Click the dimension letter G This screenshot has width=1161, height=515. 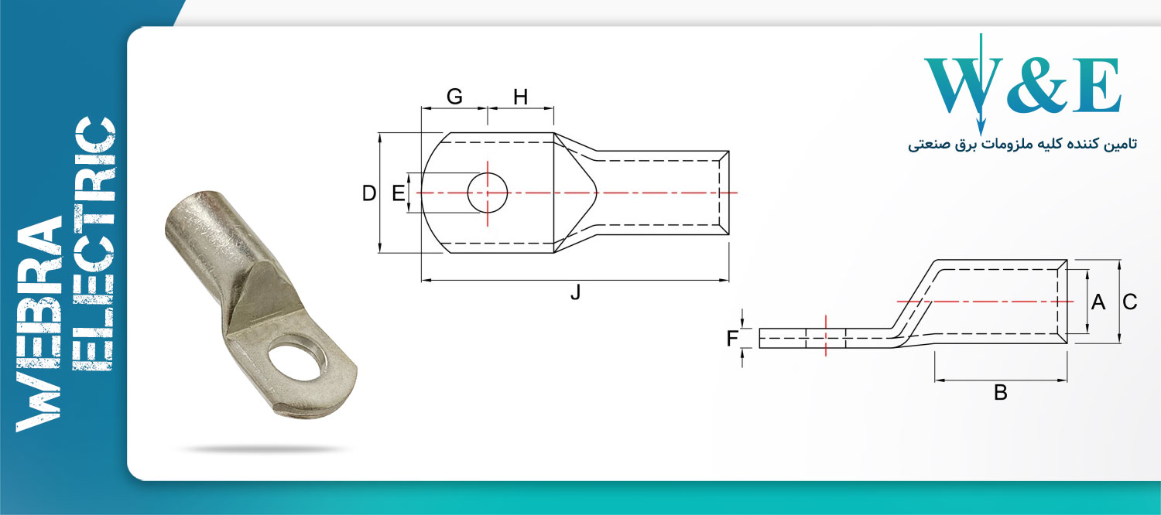[454, 97]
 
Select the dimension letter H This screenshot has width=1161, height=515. [521, 97]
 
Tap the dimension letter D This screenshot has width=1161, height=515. [369, 193]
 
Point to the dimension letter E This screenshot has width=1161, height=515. [398, 193]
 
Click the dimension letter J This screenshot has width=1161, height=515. [575, 293]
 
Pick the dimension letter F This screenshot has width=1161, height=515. [732, 338]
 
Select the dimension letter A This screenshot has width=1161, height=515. [1098, 302]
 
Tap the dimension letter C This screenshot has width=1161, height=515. [1130, 302]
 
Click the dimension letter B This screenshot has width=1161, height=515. [1001, 393]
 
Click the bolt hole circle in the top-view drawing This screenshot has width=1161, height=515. [488, 192]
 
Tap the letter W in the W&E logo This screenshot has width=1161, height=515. [960, 86]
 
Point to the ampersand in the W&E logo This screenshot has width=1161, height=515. [1039, 86]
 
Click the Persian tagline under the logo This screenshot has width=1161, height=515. [1022, 145]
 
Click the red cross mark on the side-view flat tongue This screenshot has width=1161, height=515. [826, 336]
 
